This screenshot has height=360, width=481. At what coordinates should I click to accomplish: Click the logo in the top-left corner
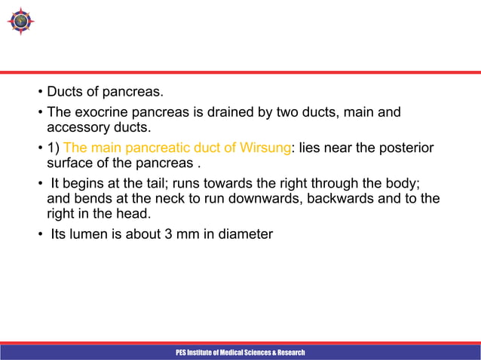(20, 21)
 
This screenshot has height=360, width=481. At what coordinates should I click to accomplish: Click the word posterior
(408, 148)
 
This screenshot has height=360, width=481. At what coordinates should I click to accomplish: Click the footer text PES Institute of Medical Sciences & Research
(240, 352)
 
